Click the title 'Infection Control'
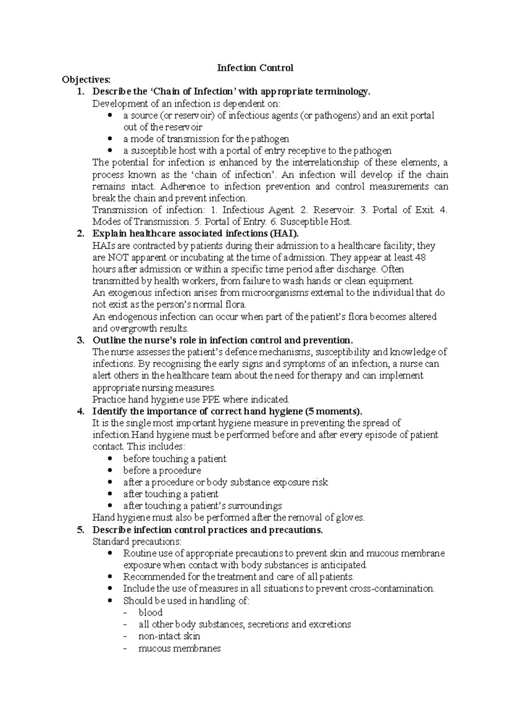[255, 68]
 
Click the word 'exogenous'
[130, 293]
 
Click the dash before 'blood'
[125, 613]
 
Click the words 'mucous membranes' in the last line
[179, 649]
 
